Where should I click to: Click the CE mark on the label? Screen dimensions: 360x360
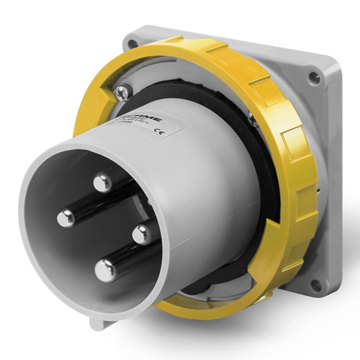pos(159,132)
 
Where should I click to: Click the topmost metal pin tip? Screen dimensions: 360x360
pos(103,182)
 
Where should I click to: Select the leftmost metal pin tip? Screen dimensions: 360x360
pos(66,219)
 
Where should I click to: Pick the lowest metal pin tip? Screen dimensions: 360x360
pos(106,271)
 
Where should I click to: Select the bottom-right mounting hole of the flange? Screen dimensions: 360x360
pos(317,283)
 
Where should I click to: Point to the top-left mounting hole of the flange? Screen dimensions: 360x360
pos(133,44)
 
